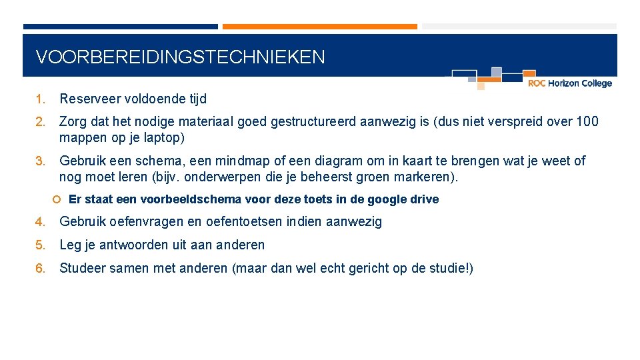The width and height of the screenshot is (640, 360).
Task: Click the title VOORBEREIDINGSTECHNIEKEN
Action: pyautogui.click(x=180, y=57)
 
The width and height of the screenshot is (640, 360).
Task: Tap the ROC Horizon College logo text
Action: pyautogui.click(x=569, y=83)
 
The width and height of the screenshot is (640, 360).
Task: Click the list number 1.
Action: pyautogui.click(x=40, y=99)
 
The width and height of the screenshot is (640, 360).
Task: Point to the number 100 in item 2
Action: pyautogui.click(x=587, y=122)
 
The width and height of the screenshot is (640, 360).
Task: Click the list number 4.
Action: pyautogui.click(x=40, y=222)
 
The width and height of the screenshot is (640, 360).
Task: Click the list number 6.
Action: pyautogui.click(x=40, y=269)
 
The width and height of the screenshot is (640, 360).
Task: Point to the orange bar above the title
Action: pyautogui.click(x=319, y=27)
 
